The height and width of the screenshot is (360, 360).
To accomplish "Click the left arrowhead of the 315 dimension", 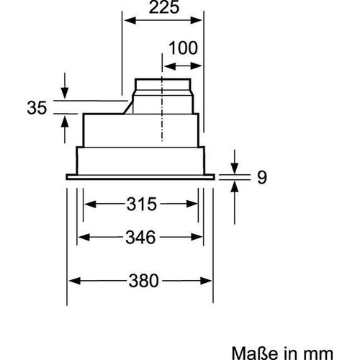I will click(89, 204).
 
